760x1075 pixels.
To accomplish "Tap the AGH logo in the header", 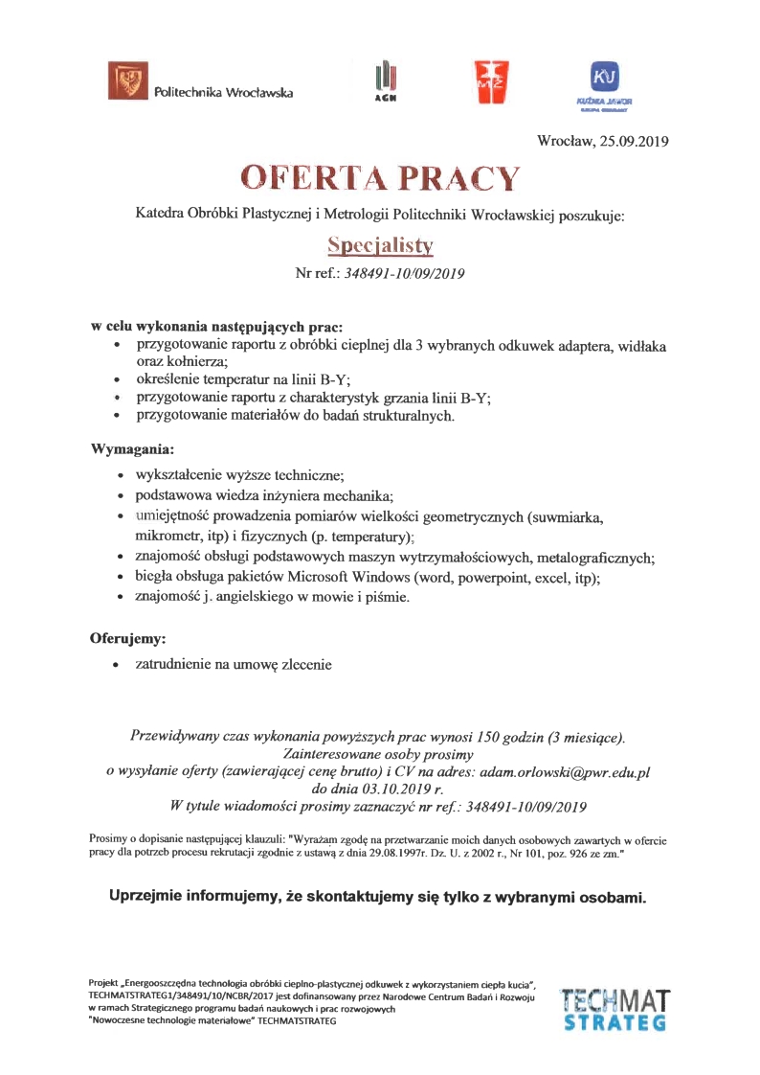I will pyautogui.click(x=386, y=81).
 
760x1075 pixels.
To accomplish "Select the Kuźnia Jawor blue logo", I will pyautogui.click(x=605, y=81).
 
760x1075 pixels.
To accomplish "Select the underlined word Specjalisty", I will pyautogui.click(x=380, y=245).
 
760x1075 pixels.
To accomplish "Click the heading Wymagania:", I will pyautogui.click(x=132, y=447).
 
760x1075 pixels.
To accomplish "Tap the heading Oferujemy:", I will pyautogui.click(x=128, y=637).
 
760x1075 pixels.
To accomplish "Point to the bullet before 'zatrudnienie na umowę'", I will pyautogui.click(x=116, y=663).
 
